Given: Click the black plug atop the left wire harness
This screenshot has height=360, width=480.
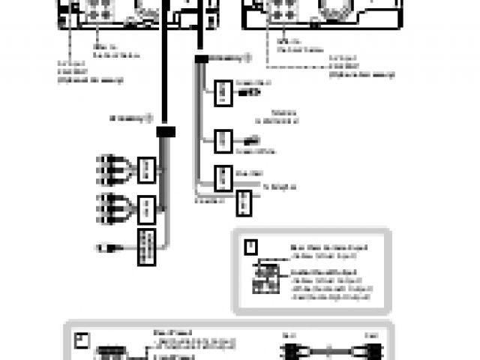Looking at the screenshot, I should click(166, 131).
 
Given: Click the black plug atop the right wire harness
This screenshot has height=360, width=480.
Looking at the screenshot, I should click(201, 58).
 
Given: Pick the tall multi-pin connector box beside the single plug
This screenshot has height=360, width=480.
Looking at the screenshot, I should click(146, 247).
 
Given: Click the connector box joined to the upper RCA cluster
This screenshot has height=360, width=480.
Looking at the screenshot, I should click(148, 169).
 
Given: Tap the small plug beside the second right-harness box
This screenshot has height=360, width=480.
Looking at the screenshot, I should click(251, 140).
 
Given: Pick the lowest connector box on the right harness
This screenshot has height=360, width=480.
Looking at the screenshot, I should click(244, 201).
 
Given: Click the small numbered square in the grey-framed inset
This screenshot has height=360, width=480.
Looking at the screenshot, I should click(251, 245).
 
